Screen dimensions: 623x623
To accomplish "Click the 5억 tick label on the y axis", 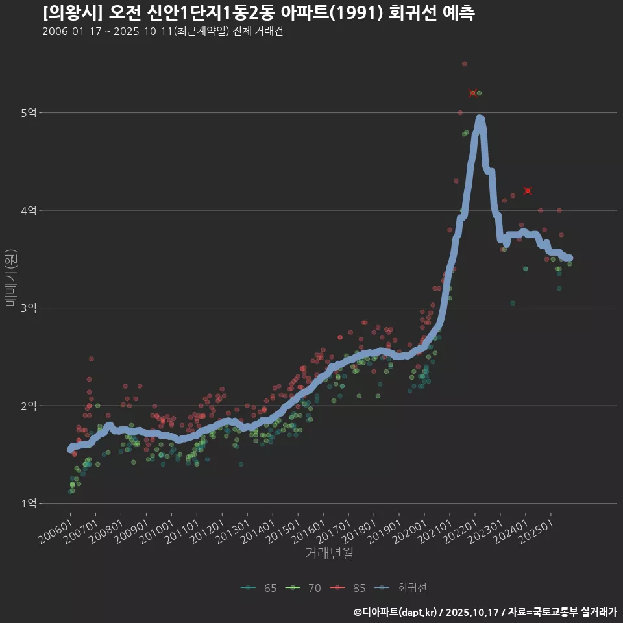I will point(28,113).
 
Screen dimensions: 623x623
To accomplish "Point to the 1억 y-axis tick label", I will point(28,503).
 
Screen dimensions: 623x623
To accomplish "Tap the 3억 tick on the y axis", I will point(28,308).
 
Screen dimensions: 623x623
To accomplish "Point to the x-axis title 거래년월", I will point(330,554).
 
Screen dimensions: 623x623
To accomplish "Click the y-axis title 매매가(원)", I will point(11,278).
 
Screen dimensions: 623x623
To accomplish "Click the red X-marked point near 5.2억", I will point(473,93).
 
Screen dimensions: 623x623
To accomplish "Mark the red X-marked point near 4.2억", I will point(528,191).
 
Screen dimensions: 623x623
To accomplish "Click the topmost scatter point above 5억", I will point(464,64).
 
